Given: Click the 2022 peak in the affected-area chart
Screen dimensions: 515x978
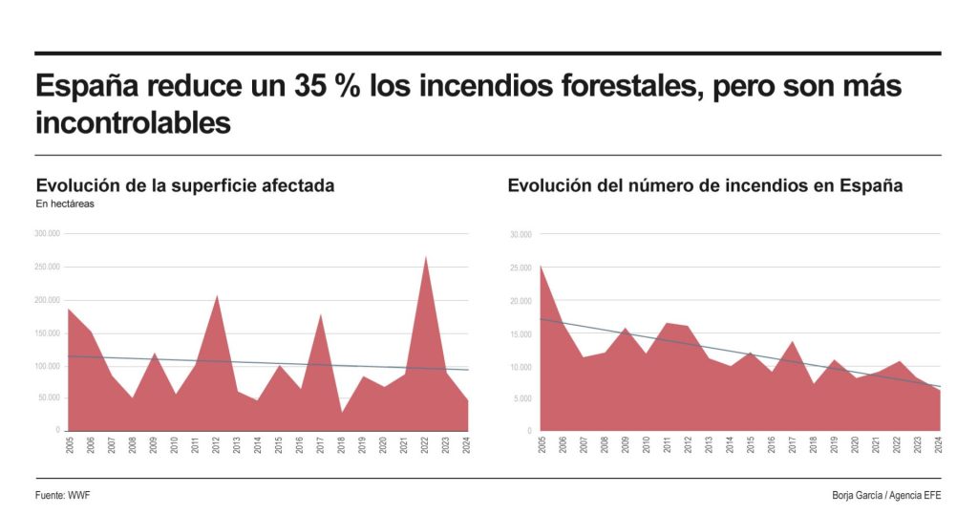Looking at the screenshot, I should point(425,257).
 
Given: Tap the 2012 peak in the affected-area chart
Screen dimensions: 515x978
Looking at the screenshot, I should point(217,296).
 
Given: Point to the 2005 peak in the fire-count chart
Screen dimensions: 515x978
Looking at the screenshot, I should point(541,267).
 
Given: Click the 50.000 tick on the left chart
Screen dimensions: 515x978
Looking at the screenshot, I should point(49,397).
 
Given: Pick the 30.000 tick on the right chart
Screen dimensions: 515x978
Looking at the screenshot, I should point(521,233).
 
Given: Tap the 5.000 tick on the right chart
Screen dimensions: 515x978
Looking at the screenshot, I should point(521,398).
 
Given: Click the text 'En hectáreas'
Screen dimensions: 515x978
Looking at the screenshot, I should point(65,204).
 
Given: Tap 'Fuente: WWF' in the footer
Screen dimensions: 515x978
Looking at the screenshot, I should point(63,495).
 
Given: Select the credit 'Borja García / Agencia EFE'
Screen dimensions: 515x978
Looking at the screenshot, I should point(885,495).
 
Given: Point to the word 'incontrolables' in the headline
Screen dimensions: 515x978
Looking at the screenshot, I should point(133,122).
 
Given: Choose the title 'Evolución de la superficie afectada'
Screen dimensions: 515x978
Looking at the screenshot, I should point(184,185).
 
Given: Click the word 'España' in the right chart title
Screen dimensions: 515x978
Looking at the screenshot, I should point(871,185).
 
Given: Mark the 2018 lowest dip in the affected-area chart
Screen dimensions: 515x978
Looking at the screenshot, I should point(341,413).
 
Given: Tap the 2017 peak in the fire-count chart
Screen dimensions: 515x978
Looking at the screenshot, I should point(792,341).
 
